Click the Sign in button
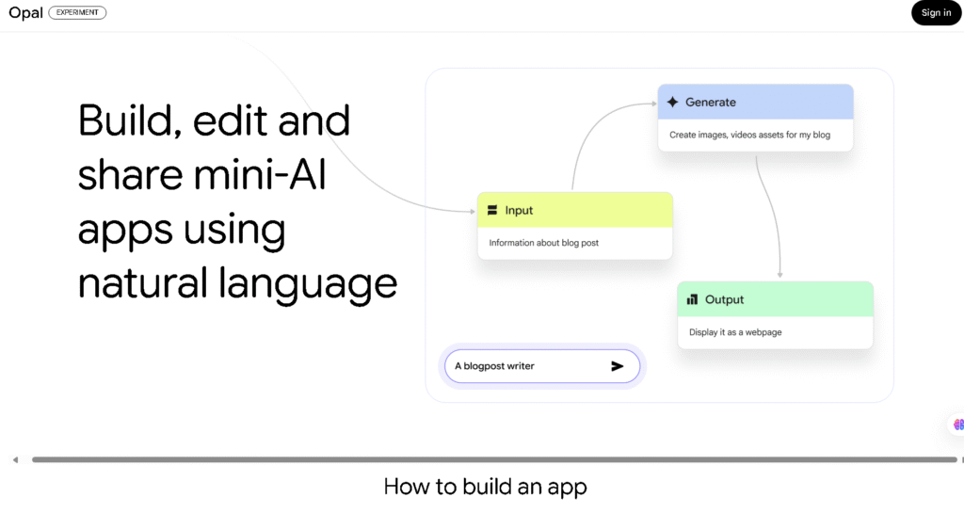click(x=936, y=13)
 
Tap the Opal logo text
click(x=26, y=13)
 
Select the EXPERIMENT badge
click(x=77, y=13)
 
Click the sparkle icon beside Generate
click(x=672, y=103)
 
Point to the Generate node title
click(x=711, y=103)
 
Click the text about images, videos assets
click(x=749, y=135)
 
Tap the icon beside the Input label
click(x=492, y=211)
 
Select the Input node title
click(x=519, y=211)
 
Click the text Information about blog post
click(x=544, y=243)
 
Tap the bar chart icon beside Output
click(x=692, y=300)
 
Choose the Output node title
click(x=724, y=300)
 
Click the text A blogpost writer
click(x=494, y=366)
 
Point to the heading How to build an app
click(x=485, y=488)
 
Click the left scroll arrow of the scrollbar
click(x=15, y=460)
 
